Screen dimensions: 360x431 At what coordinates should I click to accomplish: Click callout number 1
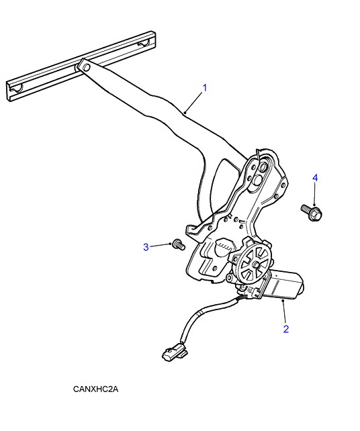205,88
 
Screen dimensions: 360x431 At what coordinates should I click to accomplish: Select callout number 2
286,329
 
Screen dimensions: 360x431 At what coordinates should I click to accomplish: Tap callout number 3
146,247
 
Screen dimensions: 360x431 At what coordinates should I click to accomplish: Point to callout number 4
315,178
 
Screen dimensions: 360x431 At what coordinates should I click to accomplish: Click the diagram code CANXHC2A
95,389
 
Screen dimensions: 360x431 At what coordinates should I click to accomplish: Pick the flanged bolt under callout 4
312,212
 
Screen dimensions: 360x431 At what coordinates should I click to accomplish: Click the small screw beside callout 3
179,244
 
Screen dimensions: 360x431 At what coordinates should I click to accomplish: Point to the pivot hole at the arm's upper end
85,67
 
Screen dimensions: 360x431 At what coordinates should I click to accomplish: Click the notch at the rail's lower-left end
16,89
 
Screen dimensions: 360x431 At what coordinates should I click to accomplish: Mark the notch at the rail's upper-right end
144,43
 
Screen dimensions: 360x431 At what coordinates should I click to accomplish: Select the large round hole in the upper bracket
259,179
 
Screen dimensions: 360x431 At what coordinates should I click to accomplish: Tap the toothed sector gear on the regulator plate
223,246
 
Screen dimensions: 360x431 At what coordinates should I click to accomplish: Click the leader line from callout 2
284,312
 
